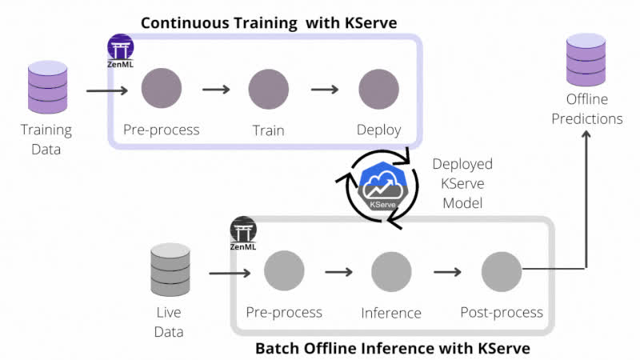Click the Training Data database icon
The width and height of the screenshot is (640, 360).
pos(46,88)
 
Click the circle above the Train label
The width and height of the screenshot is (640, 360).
pos(268,89)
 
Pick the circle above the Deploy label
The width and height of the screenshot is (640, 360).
pos(378,89)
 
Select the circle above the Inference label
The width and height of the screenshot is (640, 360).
pos(391,272)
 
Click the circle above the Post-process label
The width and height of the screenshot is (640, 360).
pos(502,272)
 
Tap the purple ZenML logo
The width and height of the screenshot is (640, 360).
pos(121,50)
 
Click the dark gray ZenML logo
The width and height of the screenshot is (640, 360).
pos(243,233)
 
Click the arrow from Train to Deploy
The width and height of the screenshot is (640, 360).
pos(323,89)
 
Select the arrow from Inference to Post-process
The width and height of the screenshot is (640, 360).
pos(447,272)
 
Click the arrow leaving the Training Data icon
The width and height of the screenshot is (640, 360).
pos(106,90)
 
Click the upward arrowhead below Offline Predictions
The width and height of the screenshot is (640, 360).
pos(586,137)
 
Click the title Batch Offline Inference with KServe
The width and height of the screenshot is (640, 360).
pos(392,349)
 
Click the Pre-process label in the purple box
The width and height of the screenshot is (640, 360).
pos(161,130)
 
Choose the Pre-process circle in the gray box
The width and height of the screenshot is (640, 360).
pos(284,272)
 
